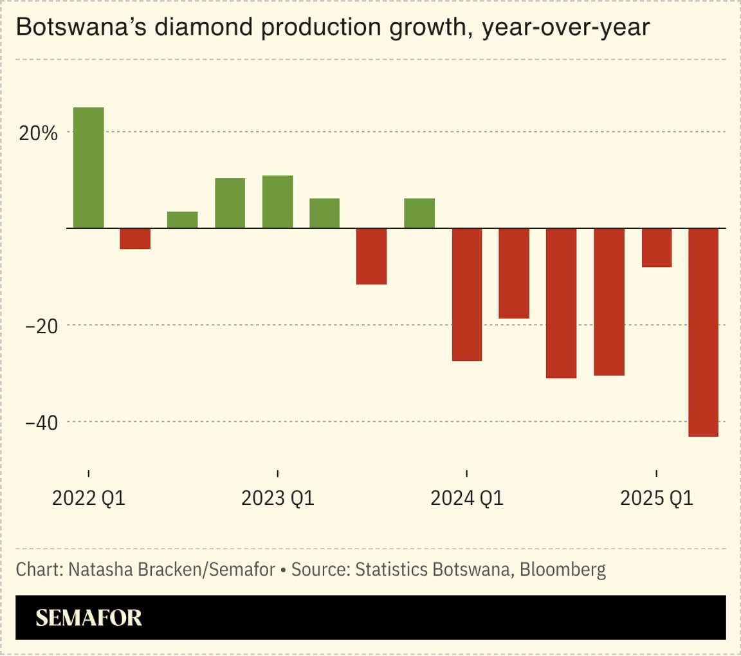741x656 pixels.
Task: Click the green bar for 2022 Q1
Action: click(88, 168)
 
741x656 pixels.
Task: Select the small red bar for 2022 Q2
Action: click(135, 239)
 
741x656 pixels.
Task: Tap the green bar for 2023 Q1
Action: click(277, 202)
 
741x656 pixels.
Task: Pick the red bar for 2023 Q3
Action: click(372, 256)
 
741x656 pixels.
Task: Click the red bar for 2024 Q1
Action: click(466, 295)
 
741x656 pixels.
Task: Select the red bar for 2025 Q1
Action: click(656, 248)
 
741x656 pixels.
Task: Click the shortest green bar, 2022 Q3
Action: click(183, 220)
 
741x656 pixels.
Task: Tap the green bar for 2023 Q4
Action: click(419, 214)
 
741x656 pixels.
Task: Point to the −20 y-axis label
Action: click(40, 326)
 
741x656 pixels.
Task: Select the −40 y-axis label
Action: click(40, 423)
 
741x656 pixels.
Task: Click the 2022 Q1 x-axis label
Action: click(89, 498)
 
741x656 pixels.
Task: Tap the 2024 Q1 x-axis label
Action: click(467, 498)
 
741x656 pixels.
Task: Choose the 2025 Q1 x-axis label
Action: click(656, 498)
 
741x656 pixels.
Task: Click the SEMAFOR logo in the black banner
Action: click(89, 618)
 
